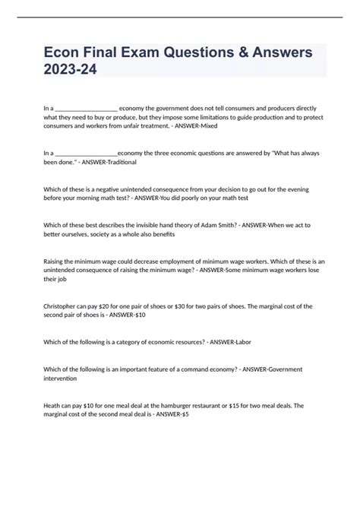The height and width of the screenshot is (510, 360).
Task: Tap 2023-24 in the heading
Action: (x=71, y=69)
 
